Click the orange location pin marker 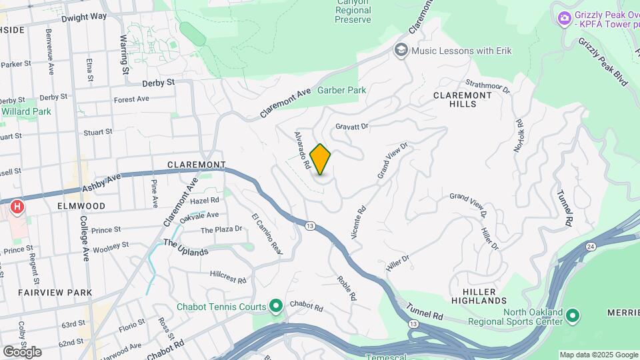(x=321, y=159)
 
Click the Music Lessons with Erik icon (x=401, y=50)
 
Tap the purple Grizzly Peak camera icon (x=564, y=17)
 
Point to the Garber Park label (x=341, y=90)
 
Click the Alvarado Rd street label (x=303, y=149)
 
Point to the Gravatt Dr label (x=352, y=125)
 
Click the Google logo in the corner (x=22, y=351)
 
